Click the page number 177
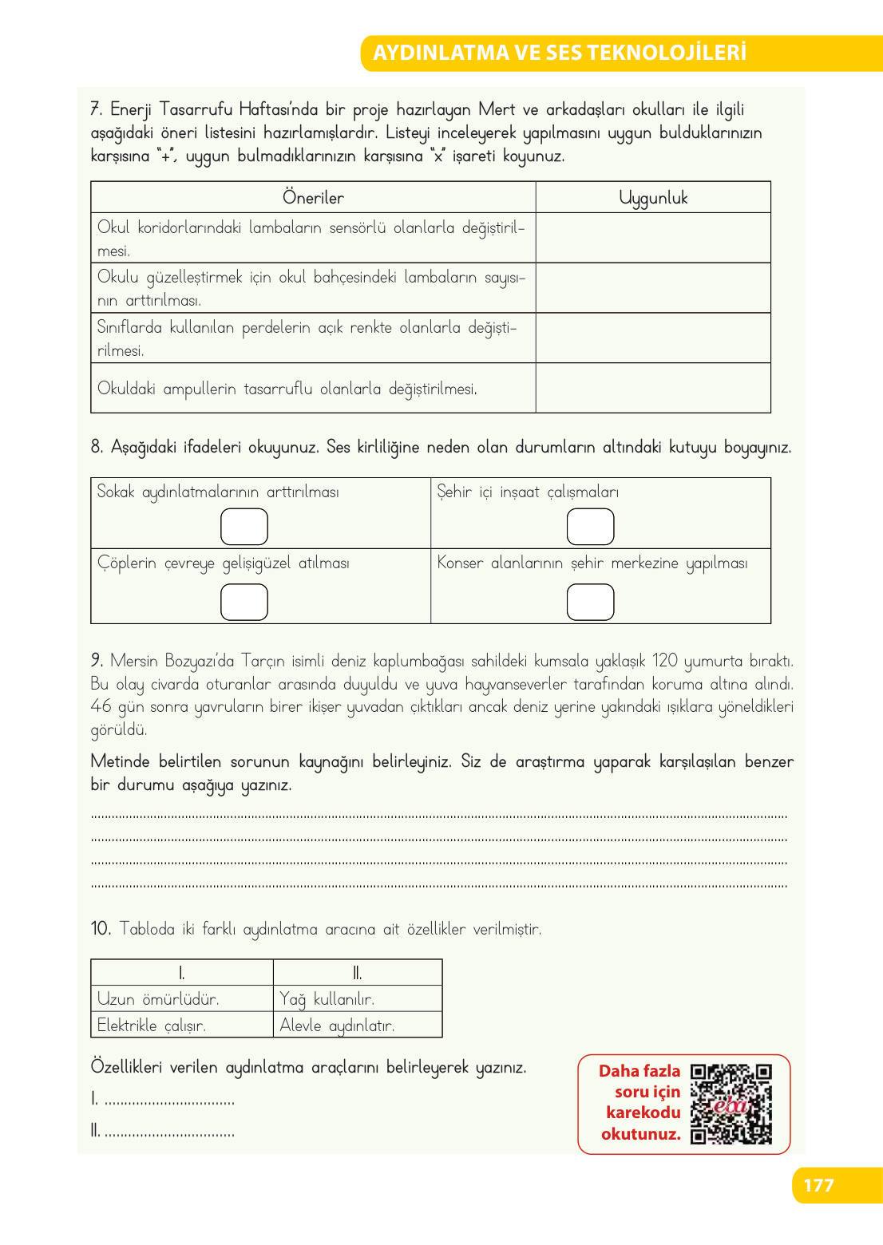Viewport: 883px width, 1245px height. pos(818,1185)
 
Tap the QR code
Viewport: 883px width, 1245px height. pos(731,1104)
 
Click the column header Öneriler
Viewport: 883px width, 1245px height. pos(313,198)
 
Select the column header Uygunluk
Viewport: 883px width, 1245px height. pos(653,198)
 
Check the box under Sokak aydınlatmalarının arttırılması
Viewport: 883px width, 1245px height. pos(244,527)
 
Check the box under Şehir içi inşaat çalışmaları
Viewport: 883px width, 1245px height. pos(590,527)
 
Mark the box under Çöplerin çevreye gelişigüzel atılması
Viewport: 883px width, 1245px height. pos(244,602)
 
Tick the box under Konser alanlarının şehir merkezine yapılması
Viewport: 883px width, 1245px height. pos(590,602)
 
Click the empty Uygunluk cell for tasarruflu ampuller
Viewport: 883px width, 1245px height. pos(653,389)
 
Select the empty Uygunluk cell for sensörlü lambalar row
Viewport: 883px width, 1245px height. pos(653,238)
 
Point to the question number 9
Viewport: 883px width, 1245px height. pos(97,661)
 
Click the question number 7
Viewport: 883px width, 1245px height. pos(96,109)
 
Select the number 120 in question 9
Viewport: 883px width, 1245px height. pos(664,661)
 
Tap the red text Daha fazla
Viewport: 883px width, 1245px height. pos(639,1071)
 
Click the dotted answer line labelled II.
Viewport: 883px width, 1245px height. pos(169,1132)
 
